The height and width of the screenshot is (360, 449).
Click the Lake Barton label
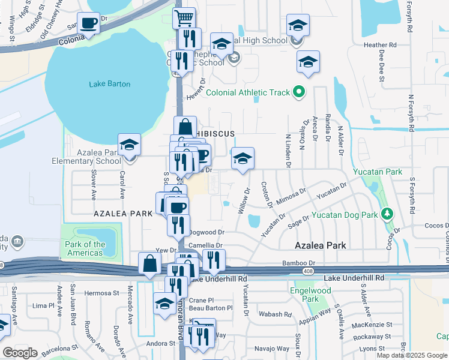(x=109, y=84)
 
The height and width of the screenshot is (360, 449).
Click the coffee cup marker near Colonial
(x=89, y=24)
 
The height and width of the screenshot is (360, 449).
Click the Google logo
(x=19, y=352)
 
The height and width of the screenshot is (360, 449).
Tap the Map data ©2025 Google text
(x=411, y=355)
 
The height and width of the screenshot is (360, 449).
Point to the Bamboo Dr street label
(x=299, y=263)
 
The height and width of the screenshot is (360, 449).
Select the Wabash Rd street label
(x=274, y=314)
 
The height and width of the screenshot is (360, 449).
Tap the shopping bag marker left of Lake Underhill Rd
(x=149, y=263)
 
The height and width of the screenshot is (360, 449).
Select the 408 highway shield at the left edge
(x=2, y=265)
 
